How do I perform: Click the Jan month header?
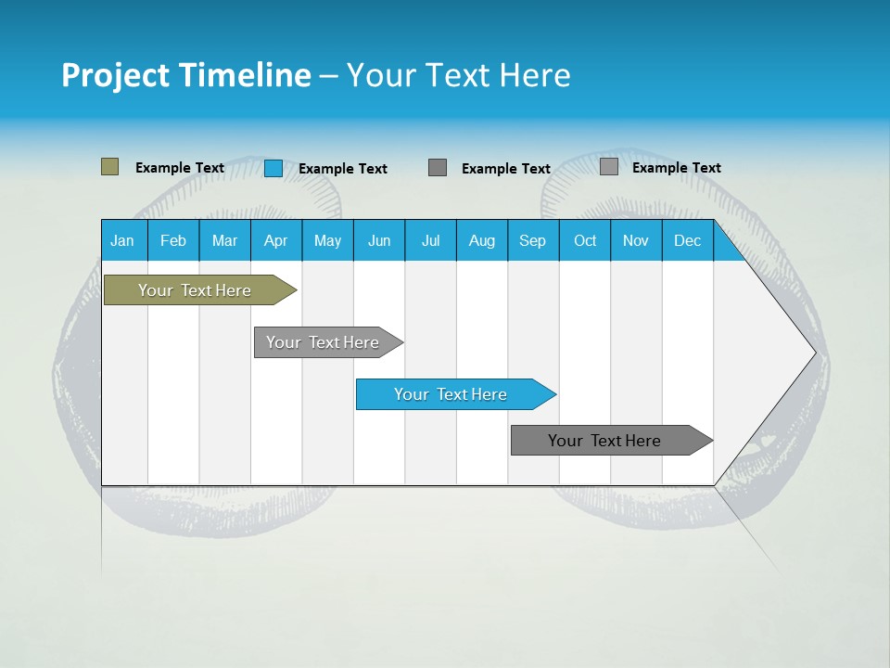(122, 241)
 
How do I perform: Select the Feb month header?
(173, 241)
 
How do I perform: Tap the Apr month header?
(275, 241)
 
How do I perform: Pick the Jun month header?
(379, 241)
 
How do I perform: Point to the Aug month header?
(481, 241)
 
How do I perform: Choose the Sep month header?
(532, 241)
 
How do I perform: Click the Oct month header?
(585, 241)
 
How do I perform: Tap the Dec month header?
(687, 241)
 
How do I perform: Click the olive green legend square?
(109, 167)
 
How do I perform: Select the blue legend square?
(273, 168)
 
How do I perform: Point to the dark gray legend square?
(438, 167)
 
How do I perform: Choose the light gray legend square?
(608, 167)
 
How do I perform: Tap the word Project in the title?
(115, 75)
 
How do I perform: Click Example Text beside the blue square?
(342, 169)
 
